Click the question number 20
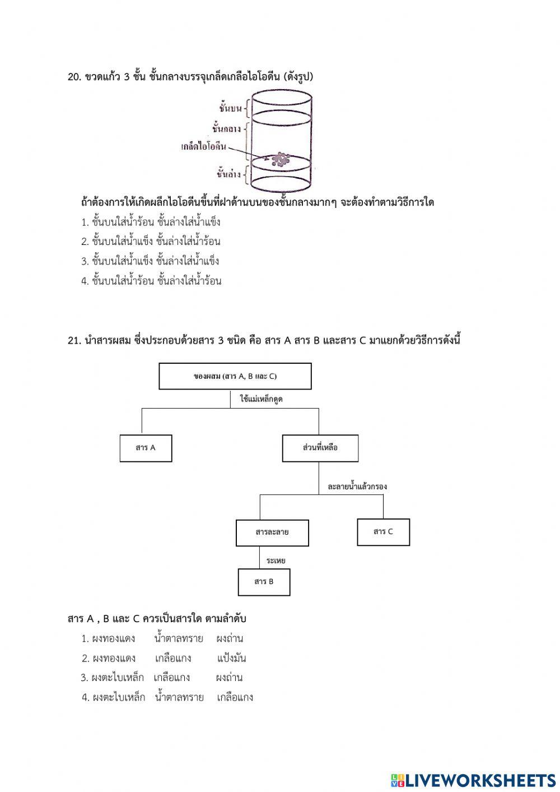(74, 77)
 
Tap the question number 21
(74, 341)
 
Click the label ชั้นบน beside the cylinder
(230, 108)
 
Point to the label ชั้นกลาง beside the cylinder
(226, 129)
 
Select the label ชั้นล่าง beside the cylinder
(228, 174)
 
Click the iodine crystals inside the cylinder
(281, 160)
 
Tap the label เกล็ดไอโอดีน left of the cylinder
(203, 147)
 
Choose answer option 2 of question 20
(151, 242)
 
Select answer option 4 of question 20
(151, 281)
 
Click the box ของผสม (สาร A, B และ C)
(235, 376)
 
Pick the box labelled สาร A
(146, 448)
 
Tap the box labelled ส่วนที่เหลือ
(320, 448)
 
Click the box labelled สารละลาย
(272, 532)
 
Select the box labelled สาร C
(383, 531)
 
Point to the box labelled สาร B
(264, 582)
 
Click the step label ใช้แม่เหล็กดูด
(261, 399)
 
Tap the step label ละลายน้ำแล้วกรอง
(357, 487)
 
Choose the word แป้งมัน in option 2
(231, 658)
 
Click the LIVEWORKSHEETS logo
(473, 780)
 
